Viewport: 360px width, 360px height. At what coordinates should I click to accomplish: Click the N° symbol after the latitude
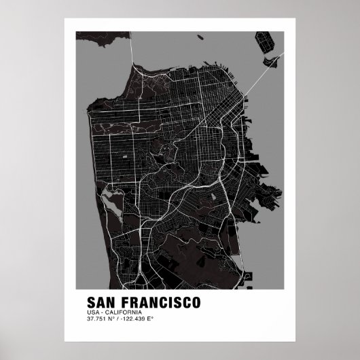(111, 319)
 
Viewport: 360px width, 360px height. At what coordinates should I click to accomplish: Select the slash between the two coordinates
(118, 319)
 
